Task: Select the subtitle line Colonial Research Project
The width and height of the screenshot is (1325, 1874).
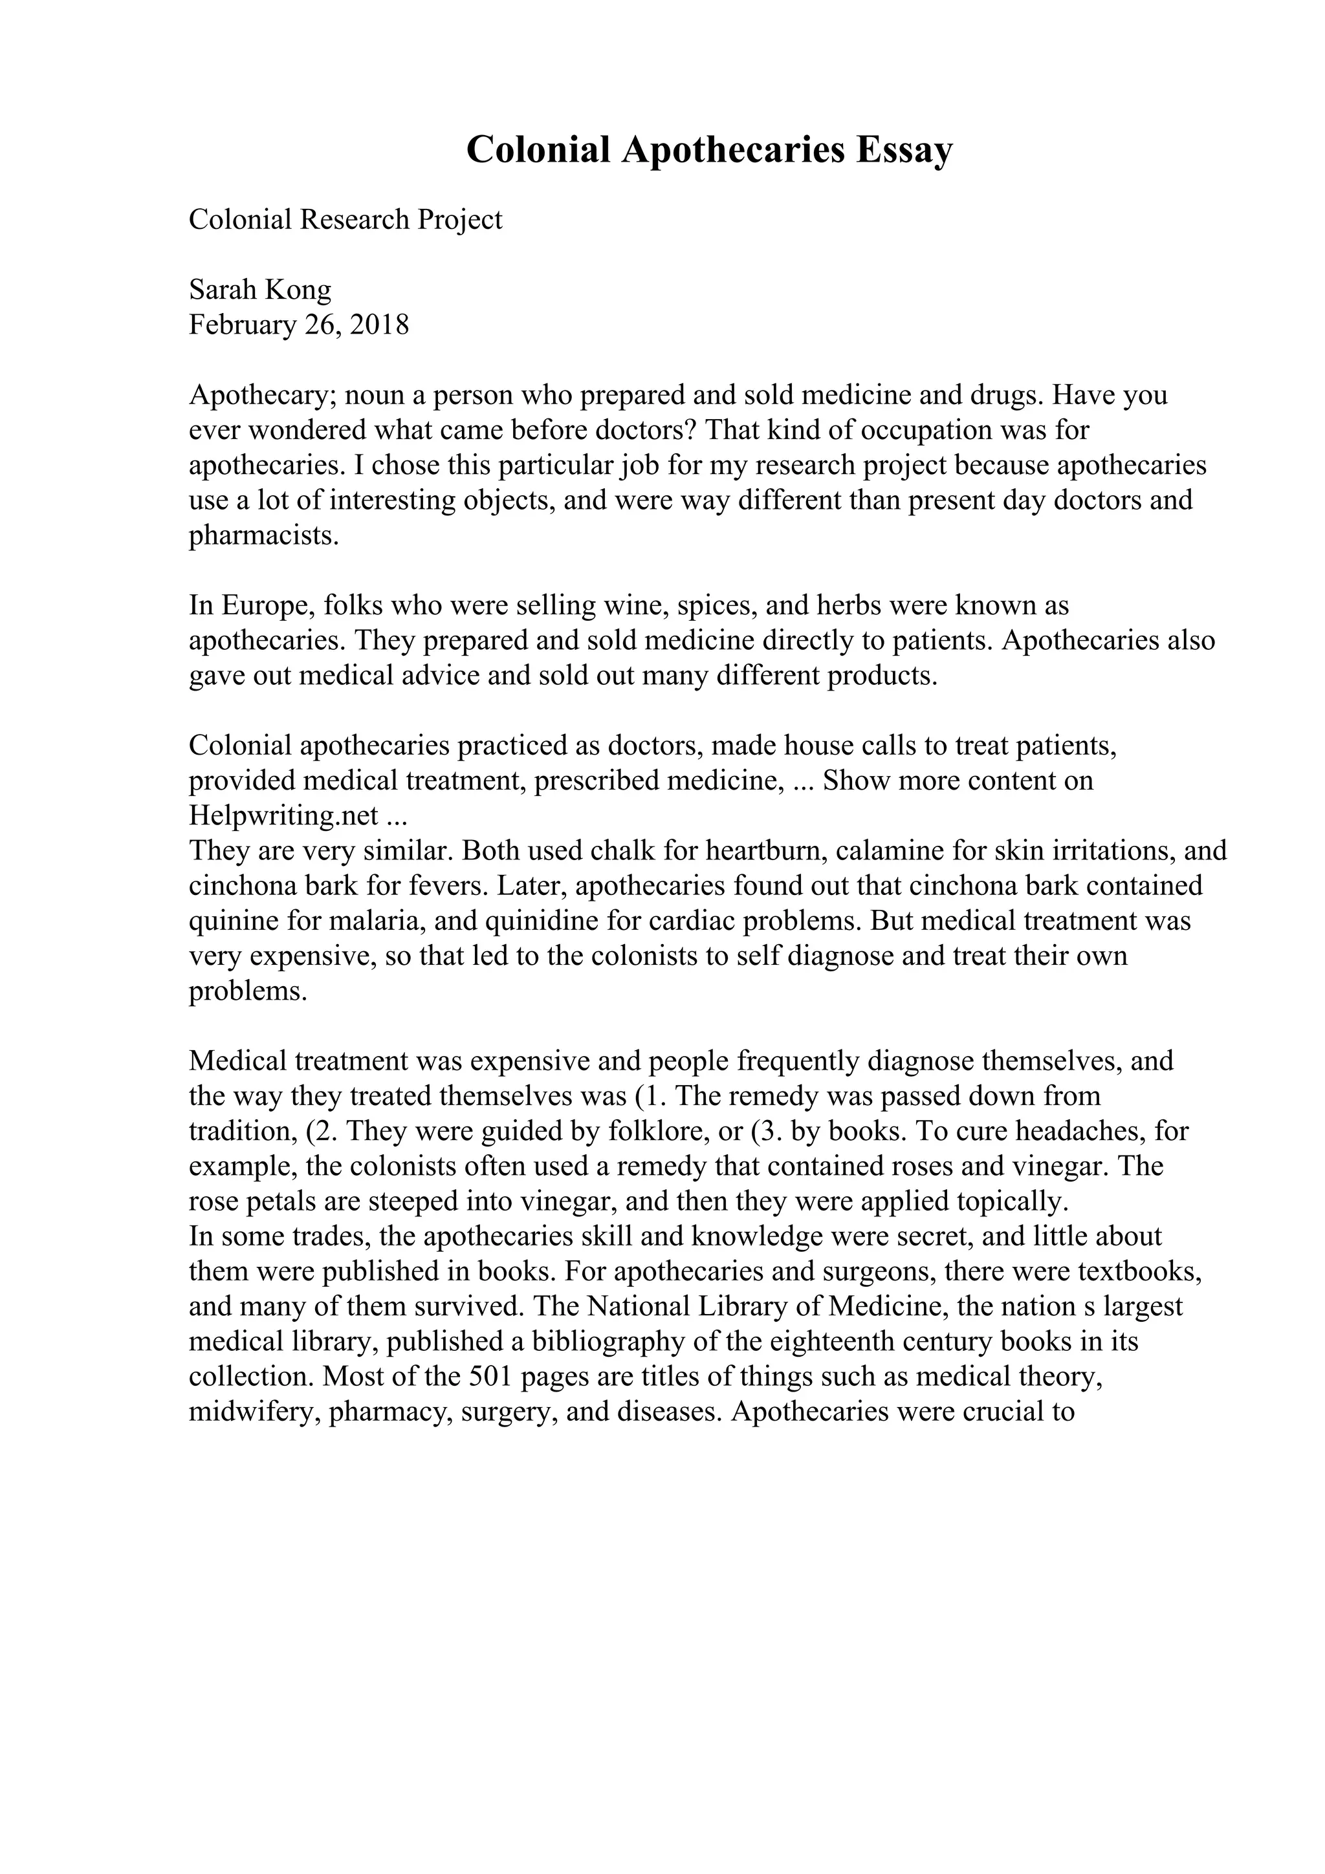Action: pyautogui.click(x=345, y=220)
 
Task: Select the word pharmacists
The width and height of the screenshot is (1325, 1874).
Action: pyautogui.click(x=263, y=536)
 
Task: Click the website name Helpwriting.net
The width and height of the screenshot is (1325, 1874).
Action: pyautogui.click(x=283, y=815)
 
